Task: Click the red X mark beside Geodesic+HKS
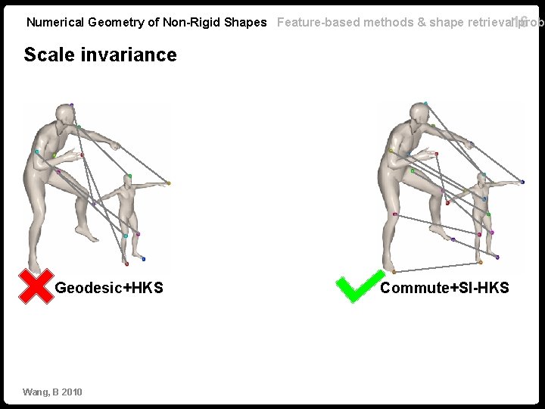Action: point(35,286)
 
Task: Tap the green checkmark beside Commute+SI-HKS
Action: point(355,288)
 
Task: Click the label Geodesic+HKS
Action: point(109,288)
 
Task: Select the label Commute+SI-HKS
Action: point(444,288)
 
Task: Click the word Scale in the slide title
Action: point(47,55)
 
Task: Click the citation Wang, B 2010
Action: point(52,392)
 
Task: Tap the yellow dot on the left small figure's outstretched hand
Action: point(169,183)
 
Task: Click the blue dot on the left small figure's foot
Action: point(143,259)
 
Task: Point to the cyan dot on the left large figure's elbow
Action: point(36,151)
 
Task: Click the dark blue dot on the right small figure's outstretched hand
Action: point(522,182)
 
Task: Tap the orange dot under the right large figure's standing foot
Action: point(394,271)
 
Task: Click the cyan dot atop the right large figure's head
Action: point(425,103)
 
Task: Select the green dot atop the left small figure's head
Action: point(129,176)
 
